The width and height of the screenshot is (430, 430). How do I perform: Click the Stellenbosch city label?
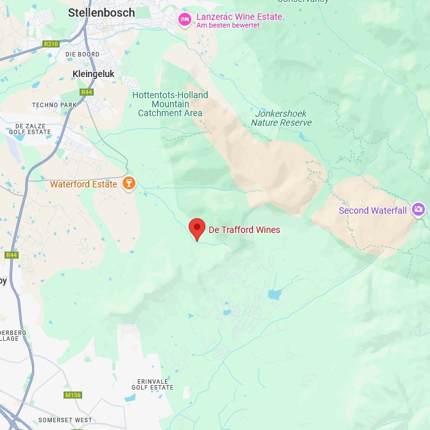point(101,12)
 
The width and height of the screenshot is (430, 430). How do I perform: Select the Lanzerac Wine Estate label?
point(239,17)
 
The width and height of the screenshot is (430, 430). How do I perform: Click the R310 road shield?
point(51,44)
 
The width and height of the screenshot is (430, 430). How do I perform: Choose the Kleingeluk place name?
point(94,74)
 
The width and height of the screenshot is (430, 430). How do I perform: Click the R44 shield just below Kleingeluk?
point(87,92)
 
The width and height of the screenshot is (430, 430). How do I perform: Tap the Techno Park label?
point(54,105)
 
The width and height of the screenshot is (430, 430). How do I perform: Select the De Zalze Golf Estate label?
point(30,129)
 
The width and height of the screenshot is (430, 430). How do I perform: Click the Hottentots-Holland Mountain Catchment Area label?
point(170,104)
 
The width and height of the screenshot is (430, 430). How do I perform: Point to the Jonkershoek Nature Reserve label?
point(281,117)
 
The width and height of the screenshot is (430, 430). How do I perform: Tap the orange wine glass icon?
point(129,184)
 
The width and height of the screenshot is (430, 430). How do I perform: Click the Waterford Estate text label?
point(83,184)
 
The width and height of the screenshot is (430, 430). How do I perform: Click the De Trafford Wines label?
point(245,230)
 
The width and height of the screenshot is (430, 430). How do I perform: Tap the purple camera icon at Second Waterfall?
point(418,209)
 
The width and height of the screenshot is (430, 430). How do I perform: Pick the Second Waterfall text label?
point(373,211)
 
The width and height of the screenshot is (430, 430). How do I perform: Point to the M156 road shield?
point(73,395)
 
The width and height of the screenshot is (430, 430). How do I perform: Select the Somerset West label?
point(65,420)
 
